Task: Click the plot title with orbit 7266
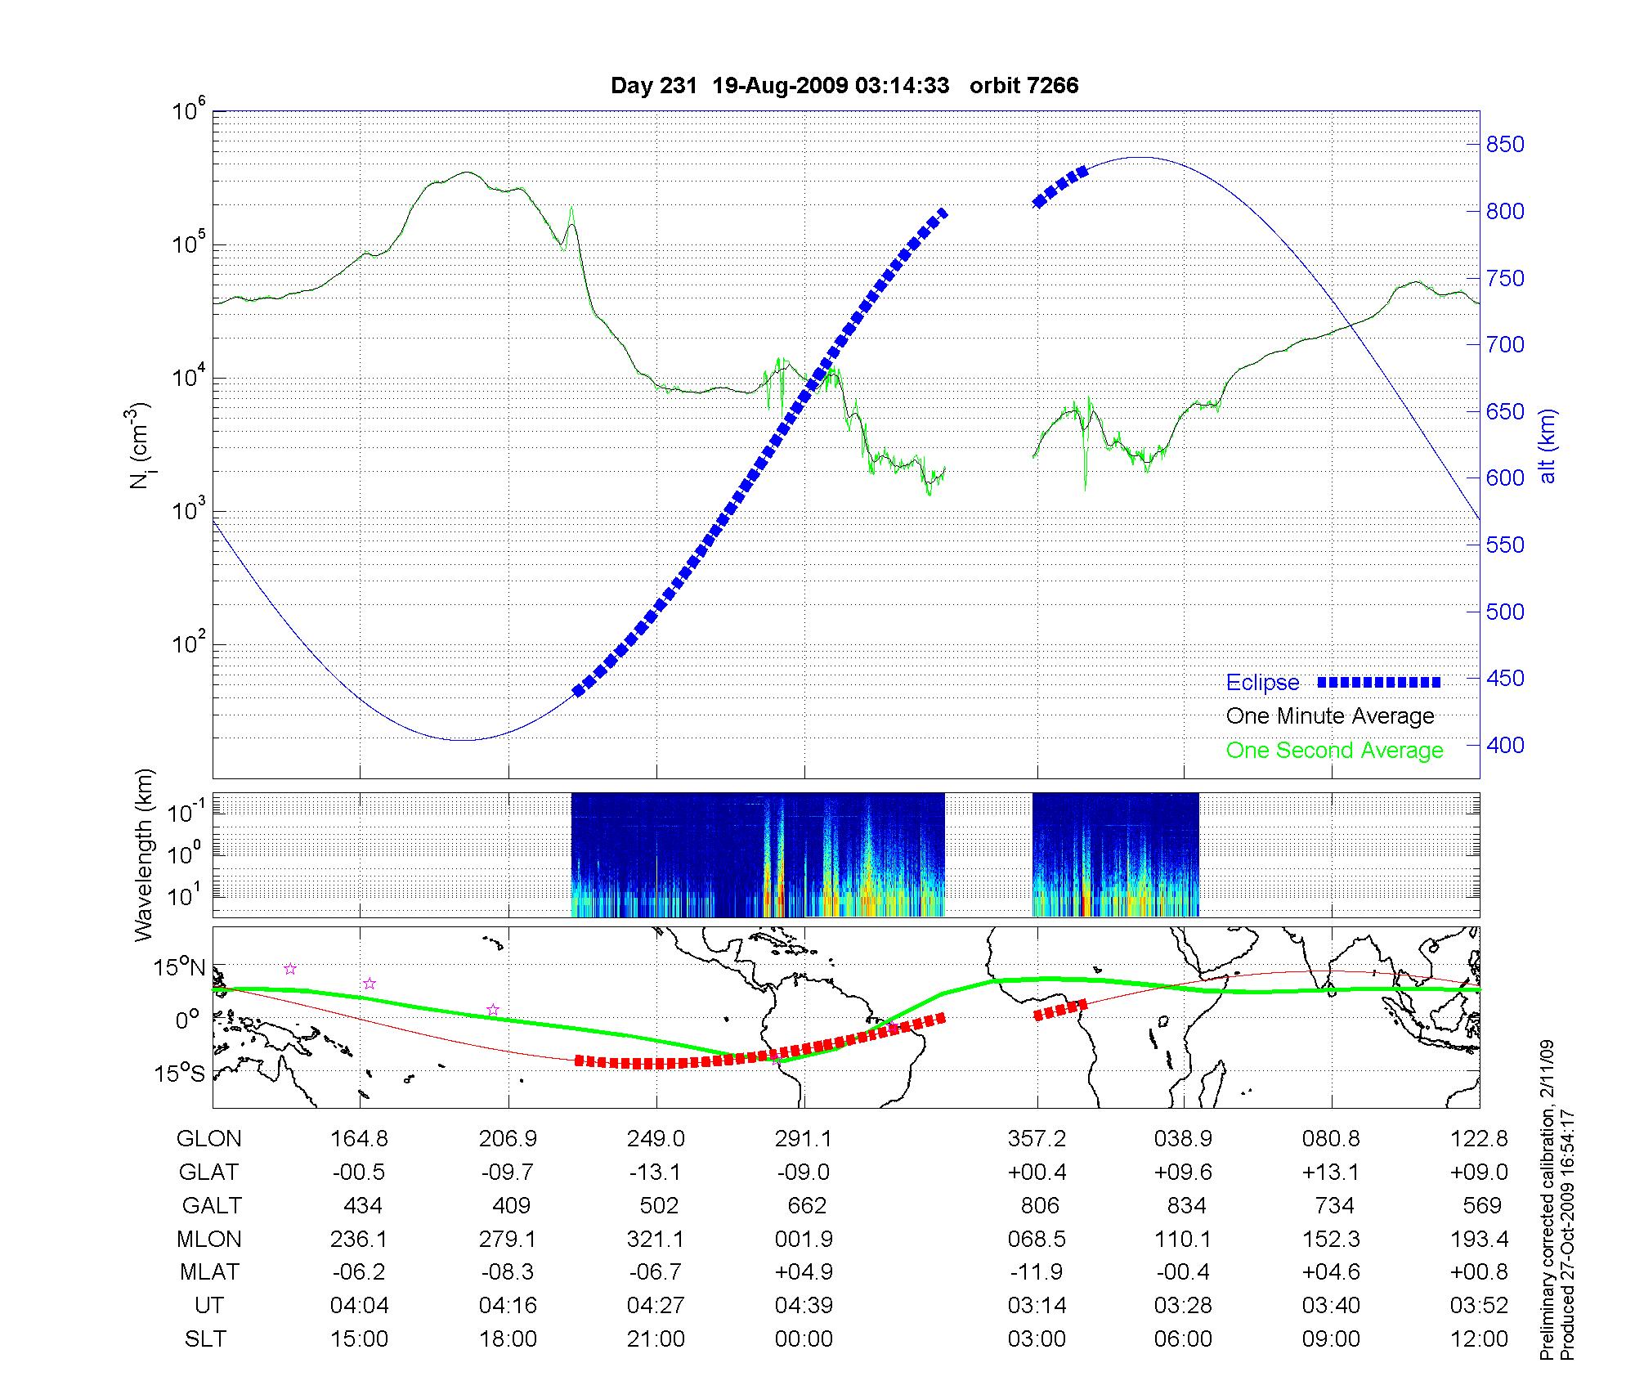pos(844,86)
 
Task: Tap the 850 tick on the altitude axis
pos(1505,145)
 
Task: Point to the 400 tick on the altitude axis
pos(1505,745)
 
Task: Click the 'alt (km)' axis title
pos(1547,446)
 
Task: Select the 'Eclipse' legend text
pos(1262,683)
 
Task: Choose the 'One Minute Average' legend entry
pos(1330,716)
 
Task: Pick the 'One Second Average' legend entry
pos(1334,751)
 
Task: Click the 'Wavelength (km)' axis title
pos(145,854)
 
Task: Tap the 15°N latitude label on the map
pos(179,968)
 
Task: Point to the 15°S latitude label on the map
pos(179,1073)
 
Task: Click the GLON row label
pos(209,1139)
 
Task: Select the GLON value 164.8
pos(359,1139)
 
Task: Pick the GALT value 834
pos(1186,1206)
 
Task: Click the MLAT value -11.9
pos(1037,1272)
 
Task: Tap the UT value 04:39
pos(804,1306)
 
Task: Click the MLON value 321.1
pos(656,1240)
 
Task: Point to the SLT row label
pos(205,1339)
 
